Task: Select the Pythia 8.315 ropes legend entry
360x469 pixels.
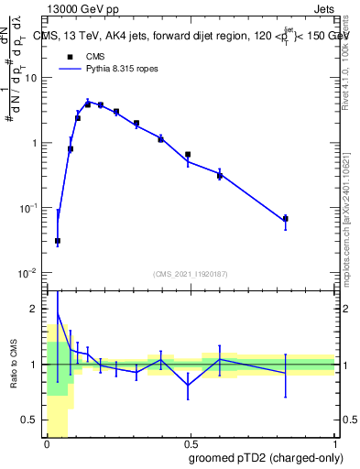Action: coord(101,69)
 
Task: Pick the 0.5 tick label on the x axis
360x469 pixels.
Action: coord(191,444)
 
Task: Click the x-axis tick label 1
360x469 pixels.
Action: coord(334,444)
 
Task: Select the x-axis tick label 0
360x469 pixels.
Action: coord(48,444)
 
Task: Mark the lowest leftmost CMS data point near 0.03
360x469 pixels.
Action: coord(58,241)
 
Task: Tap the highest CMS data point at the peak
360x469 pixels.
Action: coord(88,104)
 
